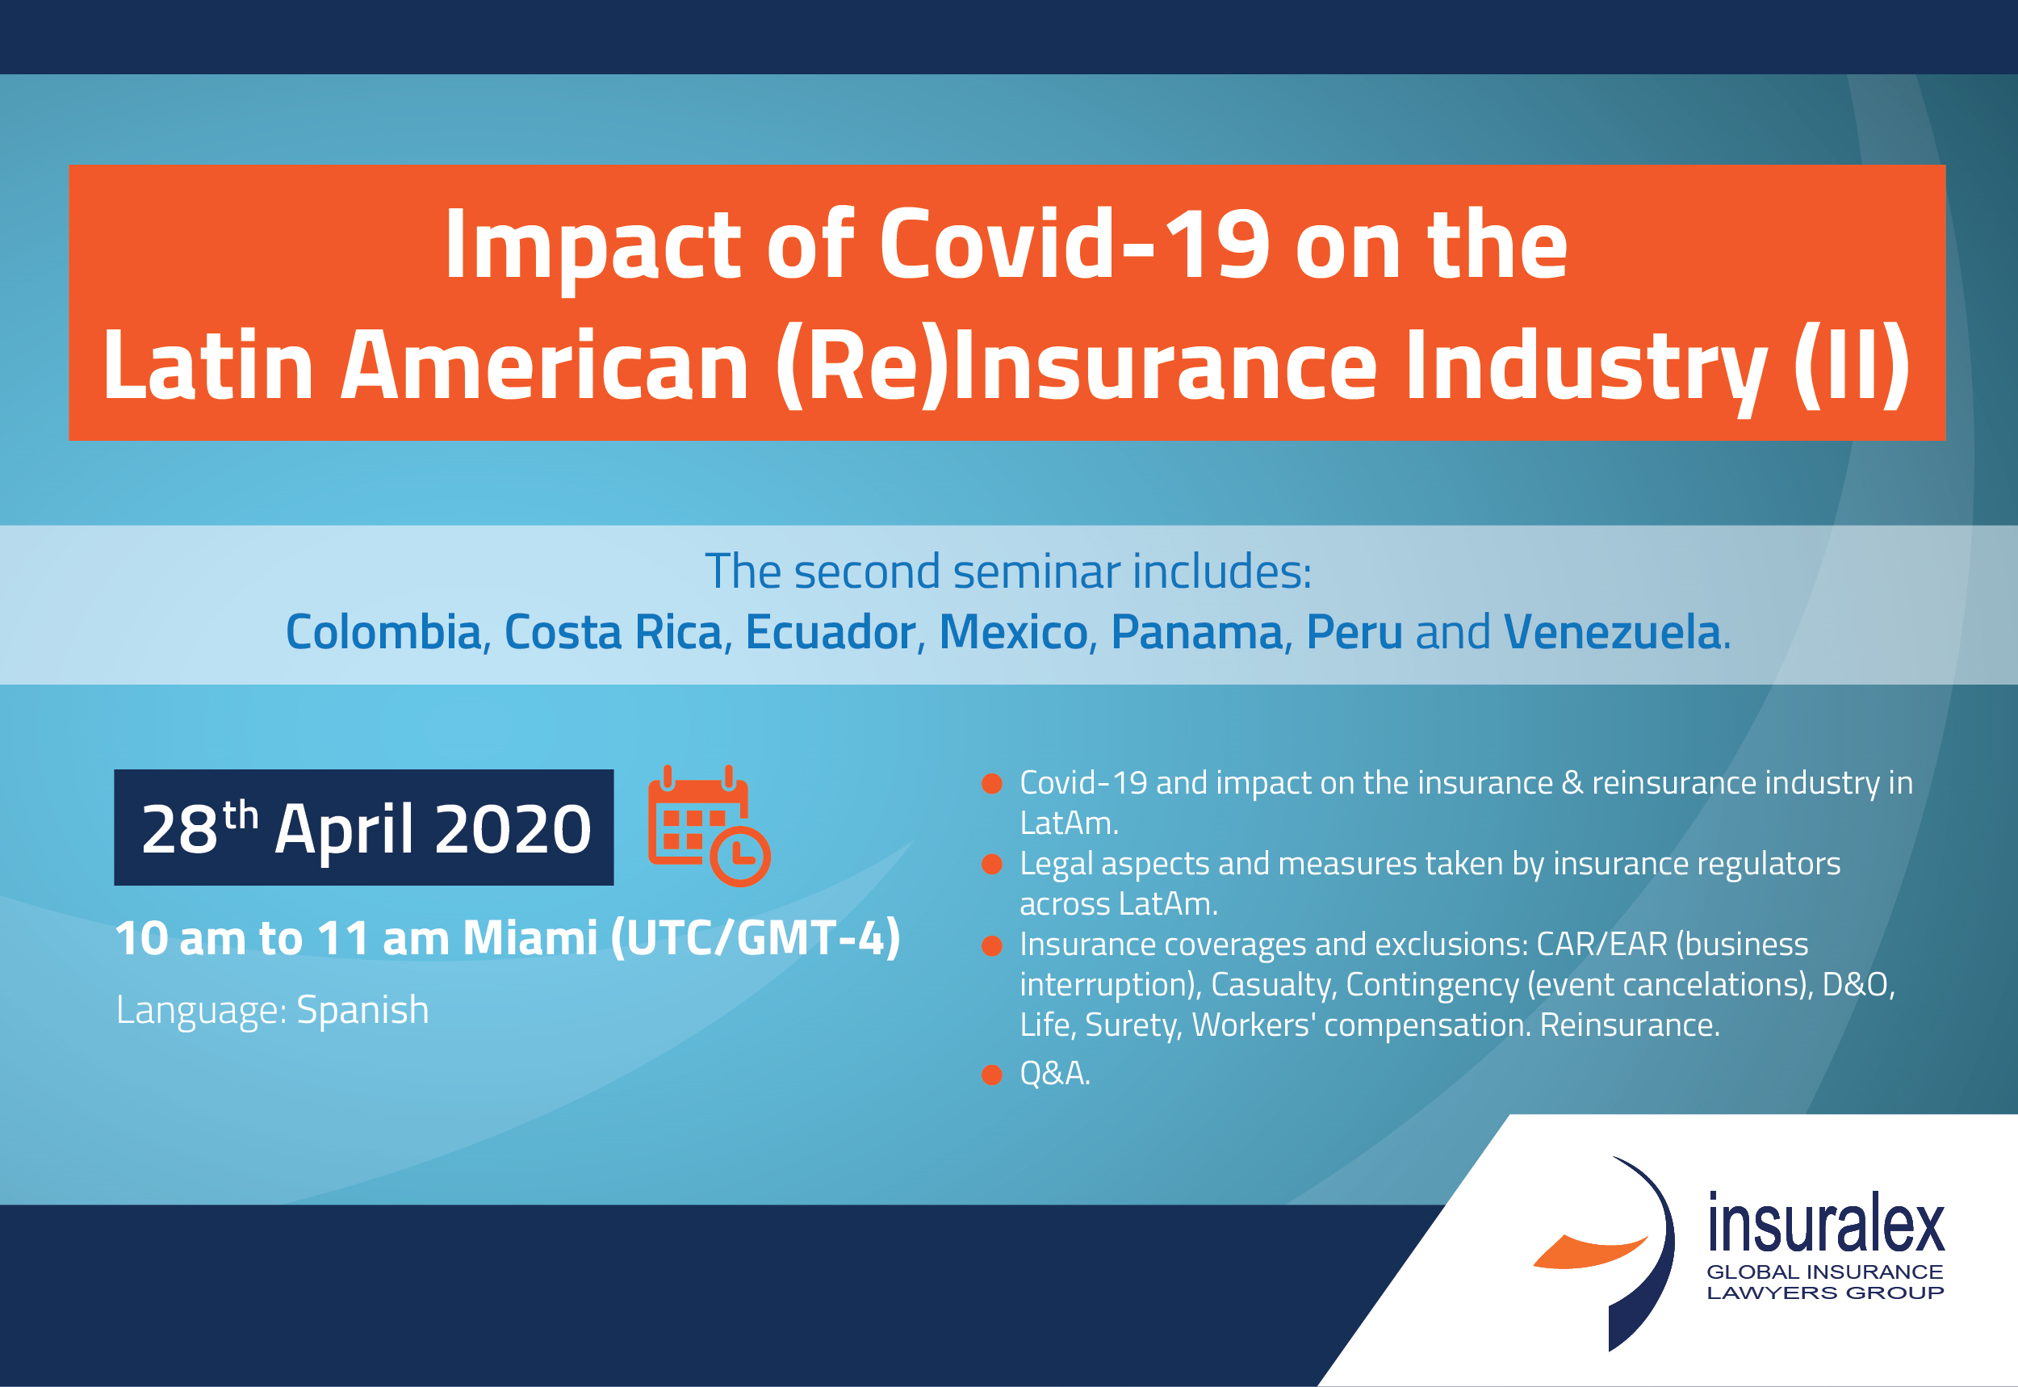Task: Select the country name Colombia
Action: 383,632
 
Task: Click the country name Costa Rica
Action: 613,632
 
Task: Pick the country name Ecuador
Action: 831,632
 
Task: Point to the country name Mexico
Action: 1013,632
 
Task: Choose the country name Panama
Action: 1196,632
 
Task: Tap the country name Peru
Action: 1354,632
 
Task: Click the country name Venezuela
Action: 1611,632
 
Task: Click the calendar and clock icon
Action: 709,827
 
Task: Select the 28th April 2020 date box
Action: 364,828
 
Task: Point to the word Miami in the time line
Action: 530,939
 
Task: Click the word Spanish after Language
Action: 362,1011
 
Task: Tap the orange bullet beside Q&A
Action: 991,1075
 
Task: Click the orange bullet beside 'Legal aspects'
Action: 991,865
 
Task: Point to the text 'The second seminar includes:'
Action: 1007,572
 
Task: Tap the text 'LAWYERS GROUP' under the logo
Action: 1825,1293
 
